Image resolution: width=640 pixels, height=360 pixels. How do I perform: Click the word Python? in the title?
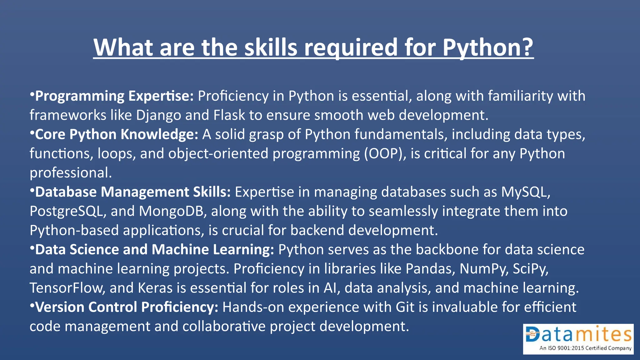(488, 47)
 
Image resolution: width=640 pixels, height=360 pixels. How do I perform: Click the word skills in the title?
(271, 47)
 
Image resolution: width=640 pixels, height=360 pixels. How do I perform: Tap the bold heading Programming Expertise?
(114, 96)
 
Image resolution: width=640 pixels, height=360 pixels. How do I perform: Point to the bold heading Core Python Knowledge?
(116, 134)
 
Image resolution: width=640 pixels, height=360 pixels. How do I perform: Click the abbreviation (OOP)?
(385, 154)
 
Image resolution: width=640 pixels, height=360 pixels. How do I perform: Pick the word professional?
(71, 173)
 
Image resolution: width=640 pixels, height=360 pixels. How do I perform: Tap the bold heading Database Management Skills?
(133, 192)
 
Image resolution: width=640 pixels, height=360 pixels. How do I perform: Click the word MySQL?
(525, 192)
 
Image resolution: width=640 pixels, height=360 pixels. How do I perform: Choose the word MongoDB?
(172, 211)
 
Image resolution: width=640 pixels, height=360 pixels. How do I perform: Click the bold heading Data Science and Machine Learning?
(154, 250)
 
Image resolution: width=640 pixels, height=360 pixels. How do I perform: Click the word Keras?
(155, 288)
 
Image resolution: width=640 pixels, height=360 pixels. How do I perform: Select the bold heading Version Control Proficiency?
(127, 307)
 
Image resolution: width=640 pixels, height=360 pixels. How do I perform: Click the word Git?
(405, 307)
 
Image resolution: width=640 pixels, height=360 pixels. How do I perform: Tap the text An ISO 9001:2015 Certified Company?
(585, 348)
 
